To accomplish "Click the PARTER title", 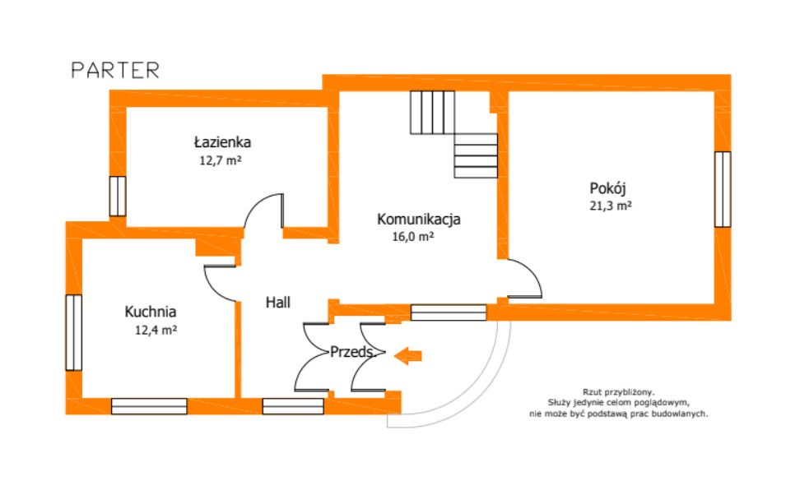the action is tap(115, 71).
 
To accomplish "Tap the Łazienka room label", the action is tap(222, 141).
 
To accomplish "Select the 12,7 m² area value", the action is tap(221, 160).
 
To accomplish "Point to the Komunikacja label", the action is tap(419, 220).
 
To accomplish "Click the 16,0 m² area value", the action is tap(413, 237).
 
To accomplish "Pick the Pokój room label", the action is tap(607, 188).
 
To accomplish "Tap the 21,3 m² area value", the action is tap(611, 206).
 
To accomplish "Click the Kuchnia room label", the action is tap(151, 312).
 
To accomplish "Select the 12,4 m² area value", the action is tap(156, 331).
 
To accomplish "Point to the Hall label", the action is tap(278, 303).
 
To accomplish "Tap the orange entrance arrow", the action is tap(408, 355).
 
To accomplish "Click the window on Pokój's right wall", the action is tap(723, 189).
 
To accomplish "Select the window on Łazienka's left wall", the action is tap(118, 197).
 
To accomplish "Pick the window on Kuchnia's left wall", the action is tap(74, 332).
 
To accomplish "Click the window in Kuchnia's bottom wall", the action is tap(150, 406).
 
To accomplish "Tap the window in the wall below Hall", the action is tap(293, 406).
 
